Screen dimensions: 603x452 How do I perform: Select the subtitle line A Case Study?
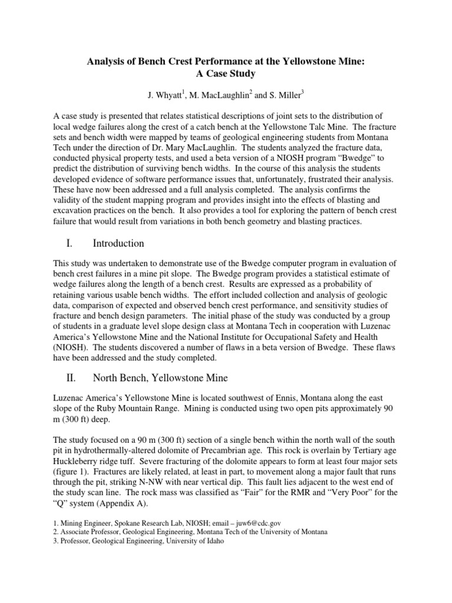tap(226, 74)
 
